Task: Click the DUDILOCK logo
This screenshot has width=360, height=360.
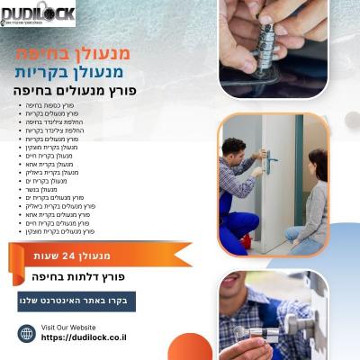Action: [38, 13]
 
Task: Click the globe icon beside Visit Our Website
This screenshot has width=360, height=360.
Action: [27, 333]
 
